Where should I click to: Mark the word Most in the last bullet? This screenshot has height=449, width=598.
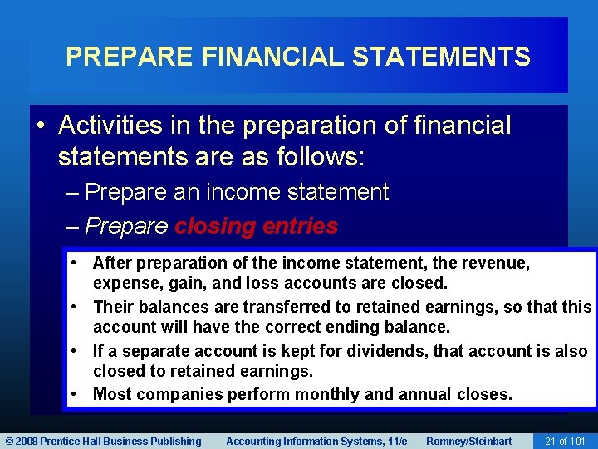110,394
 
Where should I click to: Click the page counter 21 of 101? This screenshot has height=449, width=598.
565,441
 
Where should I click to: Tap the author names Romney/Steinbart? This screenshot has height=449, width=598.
469,441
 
